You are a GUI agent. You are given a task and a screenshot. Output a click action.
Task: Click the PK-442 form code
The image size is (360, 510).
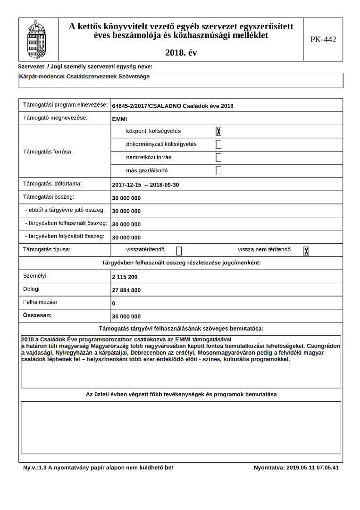(x=323, y=39)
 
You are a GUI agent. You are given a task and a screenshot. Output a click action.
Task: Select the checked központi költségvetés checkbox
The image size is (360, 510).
(x=218, y=131)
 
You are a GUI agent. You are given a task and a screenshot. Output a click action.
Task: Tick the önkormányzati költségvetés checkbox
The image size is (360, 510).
(x=218, y=144)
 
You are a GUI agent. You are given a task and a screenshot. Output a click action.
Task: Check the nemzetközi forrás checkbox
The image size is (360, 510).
(x=218, y=158)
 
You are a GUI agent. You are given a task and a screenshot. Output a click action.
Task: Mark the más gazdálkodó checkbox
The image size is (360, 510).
(x=218, y=171)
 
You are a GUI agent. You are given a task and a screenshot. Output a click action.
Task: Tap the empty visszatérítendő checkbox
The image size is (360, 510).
(x=179, y=251)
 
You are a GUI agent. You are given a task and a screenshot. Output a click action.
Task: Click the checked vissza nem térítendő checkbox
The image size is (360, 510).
(x=306, y=251)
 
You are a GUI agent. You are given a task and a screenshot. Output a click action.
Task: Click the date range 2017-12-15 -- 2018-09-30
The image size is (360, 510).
(x=145, y=185)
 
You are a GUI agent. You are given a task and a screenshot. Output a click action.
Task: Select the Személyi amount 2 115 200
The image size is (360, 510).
(x=125, y=277)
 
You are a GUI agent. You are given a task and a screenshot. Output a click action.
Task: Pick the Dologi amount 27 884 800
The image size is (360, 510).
(x=126, y=290)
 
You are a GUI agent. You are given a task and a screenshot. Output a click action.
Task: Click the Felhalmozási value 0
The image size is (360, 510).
(x=114, y=304)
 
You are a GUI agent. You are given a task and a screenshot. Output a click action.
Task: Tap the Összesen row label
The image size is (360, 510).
(x=37, y=314)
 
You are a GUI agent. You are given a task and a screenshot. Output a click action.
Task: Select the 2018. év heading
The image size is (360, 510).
(x=181, y=53)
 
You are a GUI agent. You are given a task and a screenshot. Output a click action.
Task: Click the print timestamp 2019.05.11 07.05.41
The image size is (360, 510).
(x=296, y=467)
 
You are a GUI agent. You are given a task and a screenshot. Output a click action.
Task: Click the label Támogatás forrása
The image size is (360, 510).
(x=51, y=152)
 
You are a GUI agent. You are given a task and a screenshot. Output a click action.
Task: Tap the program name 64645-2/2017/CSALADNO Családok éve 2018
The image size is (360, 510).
(x=173, y=106)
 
